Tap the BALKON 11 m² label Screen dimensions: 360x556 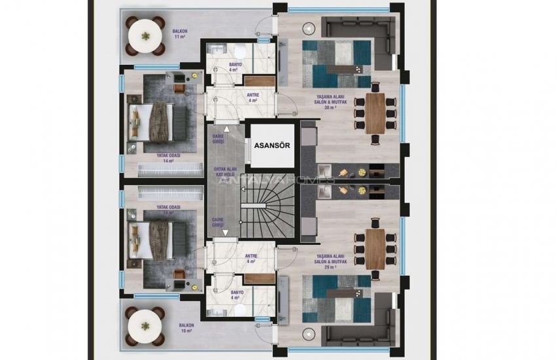(x=177, y=33)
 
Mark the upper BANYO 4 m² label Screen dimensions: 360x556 (x=235, y=67)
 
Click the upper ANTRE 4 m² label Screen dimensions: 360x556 (x=252, y=98)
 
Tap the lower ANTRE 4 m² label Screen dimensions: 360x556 (x=252, y=259)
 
